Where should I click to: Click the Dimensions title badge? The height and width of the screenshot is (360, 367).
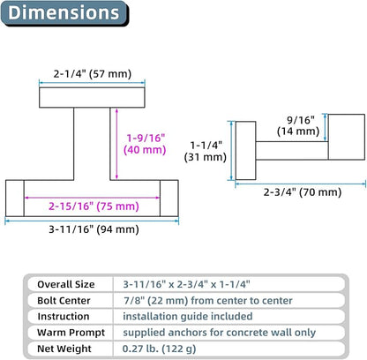click(64, 13)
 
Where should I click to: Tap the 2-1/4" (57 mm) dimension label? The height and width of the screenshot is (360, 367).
click(93, 73)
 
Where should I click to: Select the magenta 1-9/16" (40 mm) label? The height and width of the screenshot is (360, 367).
click(145, 144)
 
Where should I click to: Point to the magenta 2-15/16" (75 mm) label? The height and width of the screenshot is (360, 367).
click(94, 206)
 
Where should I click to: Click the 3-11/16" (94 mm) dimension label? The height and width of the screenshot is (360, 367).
click(94, 229)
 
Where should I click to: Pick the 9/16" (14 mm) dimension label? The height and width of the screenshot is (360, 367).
click(298, 125)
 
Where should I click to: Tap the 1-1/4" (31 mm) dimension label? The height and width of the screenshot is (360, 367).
click(206, 151)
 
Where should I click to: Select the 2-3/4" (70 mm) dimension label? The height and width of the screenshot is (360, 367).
click(303, 192)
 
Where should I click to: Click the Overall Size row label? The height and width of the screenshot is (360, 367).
click(66, 284)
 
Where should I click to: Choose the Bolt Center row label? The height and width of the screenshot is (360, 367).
click(64, 301)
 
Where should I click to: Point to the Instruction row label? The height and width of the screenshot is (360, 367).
click(64, 317)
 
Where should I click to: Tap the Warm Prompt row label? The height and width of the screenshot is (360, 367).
click(71, 333)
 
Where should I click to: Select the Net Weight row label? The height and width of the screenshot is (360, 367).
click(64, 349)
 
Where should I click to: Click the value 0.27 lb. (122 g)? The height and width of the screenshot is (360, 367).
click(159, 349)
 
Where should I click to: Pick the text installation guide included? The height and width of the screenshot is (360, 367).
click(188, 317)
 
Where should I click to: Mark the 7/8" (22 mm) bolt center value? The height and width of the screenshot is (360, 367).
click(156, 301)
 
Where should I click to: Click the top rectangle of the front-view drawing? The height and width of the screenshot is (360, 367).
click(92, 97)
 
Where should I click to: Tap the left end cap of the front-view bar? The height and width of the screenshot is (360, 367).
click(15, 199)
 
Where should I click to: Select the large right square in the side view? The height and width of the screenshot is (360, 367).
click(347, 137)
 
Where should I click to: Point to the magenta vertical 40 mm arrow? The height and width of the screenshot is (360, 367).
click(116, 144)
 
